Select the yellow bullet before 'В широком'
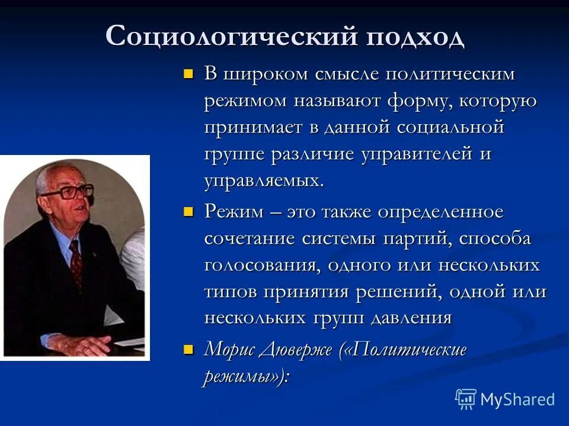point(188,75)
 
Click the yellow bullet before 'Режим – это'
point(188,212)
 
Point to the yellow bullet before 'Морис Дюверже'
point(188,349)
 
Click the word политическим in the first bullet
point(450,75)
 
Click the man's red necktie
point(75,263)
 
